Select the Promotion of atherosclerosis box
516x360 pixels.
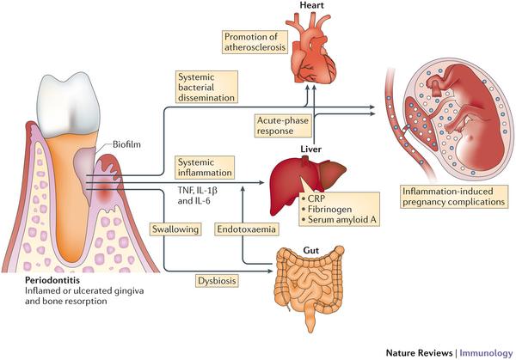[255, 42]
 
